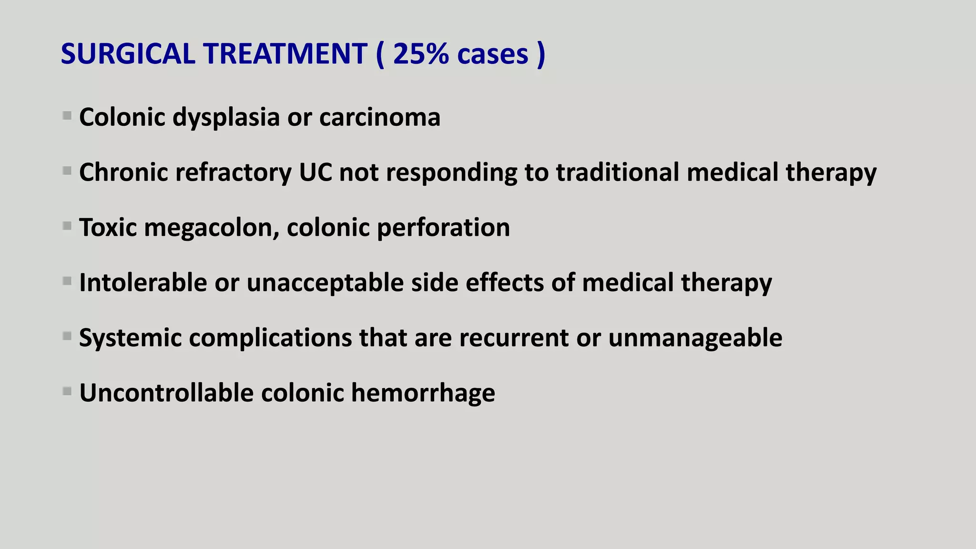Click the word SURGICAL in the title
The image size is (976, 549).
[x=128, y=53]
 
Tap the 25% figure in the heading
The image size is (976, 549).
[x=421, y=53]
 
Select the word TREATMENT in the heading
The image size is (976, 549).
[x=286, y=53]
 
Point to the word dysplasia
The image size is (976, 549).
[x=226, y=117]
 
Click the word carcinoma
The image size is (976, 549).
[x=380, y=117]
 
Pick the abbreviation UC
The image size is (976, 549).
[x=315, y=172]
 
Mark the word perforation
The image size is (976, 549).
[x=443, y=227]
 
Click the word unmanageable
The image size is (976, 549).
[x=695, y=338]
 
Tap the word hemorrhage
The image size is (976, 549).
[x=423, y=393]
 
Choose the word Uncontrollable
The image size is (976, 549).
[x=166, y=393]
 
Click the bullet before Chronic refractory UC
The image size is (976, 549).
[x=67, y=171]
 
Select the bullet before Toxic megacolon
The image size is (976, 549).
[x=67, y=226]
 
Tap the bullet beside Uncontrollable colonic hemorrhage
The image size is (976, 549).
[x=67, y=392]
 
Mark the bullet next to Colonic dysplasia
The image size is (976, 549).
[x=67, y=116]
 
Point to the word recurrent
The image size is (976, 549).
[x=514, y=338]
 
